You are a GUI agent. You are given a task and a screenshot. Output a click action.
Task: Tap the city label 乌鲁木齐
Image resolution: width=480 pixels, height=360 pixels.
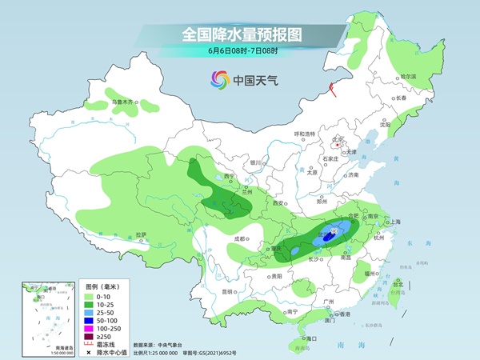[x=123, y=102]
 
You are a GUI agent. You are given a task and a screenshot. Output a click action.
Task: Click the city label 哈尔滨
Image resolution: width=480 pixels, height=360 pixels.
[x=408, y=76]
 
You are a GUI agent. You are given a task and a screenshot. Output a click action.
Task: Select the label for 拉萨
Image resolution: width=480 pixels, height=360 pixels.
[x=141, y=234]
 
